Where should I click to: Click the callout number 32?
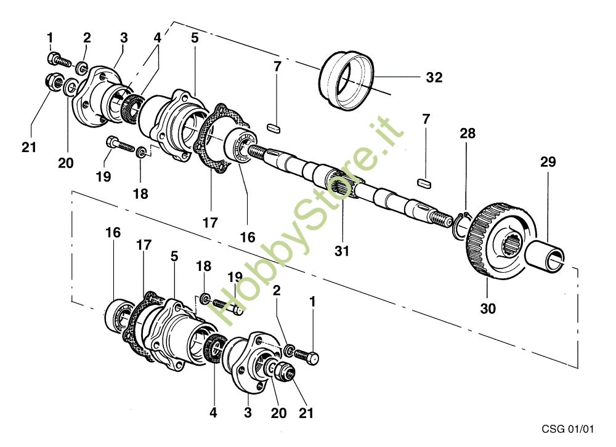[x=434, y=78]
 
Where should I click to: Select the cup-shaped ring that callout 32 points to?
[x=346, y=81]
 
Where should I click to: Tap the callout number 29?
[x=548, y=162]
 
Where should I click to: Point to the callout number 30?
[x=488, y=308]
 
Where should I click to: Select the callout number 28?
[x=468, y=134]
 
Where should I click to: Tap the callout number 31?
[x=341, y=251]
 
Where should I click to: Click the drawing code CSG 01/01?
[x=567, y=429]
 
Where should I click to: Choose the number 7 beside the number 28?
[x=426, y=119]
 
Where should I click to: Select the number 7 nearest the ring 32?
[x=277, y=66]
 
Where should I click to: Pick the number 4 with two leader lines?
[x=157, y=38]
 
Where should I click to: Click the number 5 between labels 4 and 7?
[x=195, y=38]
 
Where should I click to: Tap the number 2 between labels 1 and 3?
[x=87, y=38]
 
